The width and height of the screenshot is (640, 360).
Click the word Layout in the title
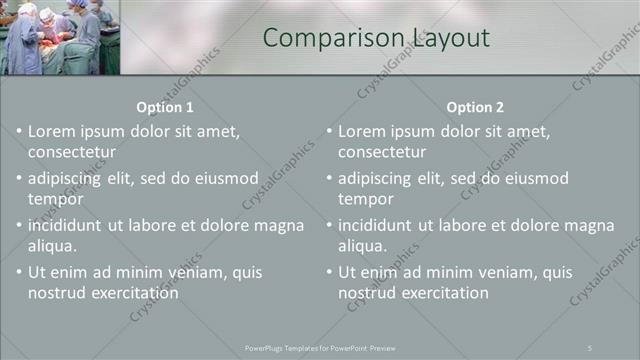tap(449, 38)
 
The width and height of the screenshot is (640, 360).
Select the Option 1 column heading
tap(165, 107)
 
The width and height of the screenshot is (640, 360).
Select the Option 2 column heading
tap(475, 107)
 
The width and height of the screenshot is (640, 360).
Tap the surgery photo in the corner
tap(60, 37)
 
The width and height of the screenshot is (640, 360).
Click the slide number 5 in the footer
tap(590, 347)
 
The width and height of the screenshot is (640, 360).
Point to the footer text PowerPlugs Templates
tap(290, 347)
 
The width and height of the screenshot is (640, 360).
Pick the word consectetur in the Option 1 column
tap(72, 152)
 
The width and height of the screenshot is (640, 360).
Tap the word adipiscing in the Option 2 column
tap(374, 178)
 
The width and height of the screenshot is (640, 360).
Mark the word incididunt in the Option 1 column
tap(67, 225)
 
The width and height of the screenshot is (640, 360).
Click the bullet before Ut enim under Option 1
tap(19, 272)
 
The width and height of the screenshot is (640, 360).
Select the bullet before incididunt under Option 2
tap(329, 225)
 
